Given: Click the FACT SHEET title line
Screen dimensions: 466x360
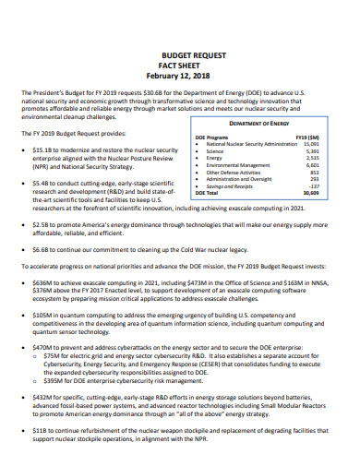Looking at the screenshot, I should (180, 66).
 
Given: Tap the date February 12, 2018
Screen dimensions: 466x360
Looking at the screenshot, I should (180, 76).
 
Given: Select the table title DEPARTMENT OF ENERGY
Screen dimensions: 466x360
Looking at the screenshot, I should (259, 123).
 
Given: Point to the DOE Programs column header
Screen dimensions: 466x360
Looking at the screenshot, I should (212, 137).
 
